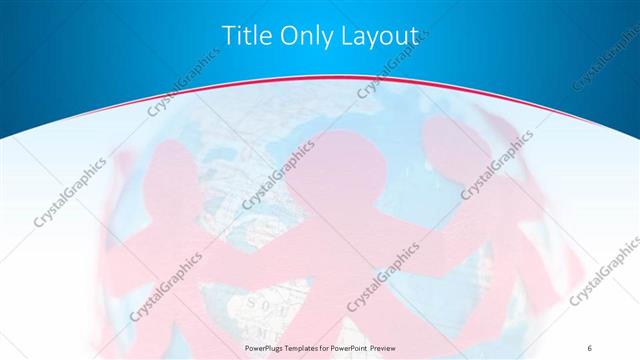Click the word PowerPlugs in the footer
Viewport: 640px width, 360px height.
(266, 346)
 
